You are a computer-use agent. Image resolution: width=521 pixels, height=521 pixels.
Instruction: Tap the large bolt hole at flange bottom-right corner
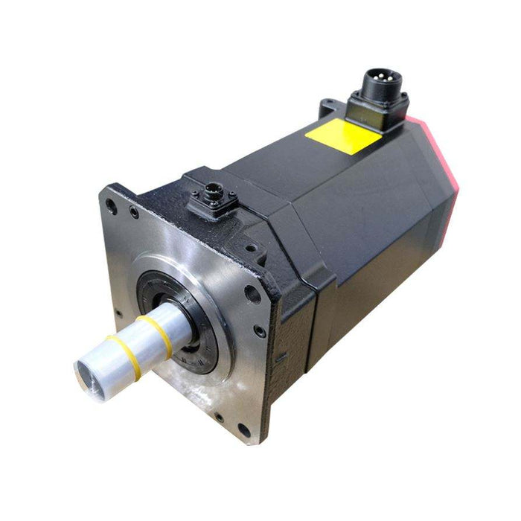click(243, 431)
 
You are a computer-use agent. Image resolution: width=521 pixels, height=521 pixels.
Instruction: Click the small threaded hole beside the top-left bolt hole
click(134, 214)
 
